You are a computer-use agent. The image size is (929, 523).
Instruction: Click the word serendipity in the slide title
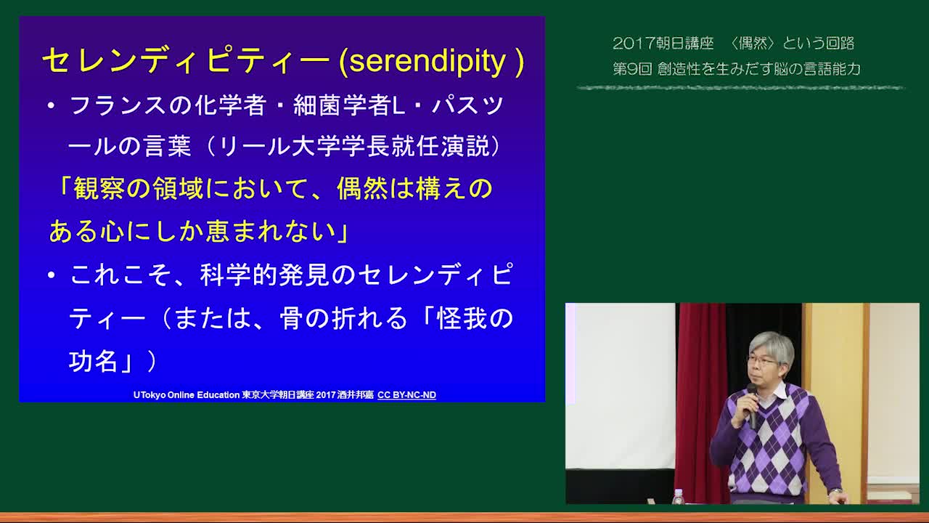[x=427, y=62]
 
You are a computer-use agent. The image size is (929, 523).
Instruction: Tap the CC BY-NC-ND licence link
[x=406, y=395]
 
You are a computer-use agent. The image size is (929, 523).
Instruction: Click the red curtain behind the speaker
[x=702, y=399]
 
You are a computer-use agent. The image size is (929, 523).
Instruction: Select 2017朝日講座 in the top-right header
[x=663, y=43]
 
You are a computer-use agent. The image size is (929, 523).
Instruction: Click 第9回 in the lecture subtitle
[x=632, y=69]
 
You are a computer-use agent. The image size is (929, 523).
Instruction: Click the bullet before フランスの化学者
[x=51, y=105]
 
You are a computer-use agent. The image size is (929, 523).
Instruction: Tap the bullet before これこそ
[x=51, y=275]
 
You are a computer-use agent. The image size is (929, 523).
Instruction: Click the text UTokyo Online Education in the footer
[x=187, y=395]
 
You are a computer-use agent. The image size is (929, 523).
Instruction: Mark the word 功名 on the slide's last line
[x=94, y=361]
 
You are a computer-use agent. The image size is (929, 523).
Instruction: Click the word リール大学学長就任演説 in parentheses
[x=354, y=147]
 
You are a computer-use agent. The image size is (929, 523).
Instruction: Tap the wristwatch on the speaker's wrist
[x=835, y=492]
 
